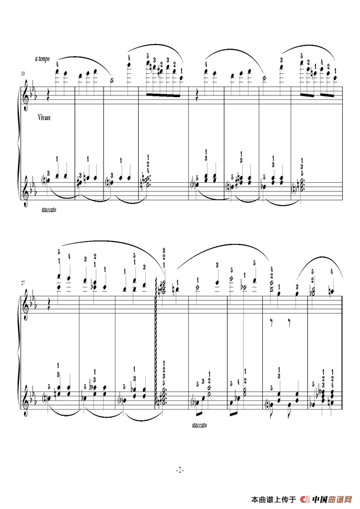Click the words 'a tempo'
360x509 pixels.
42,59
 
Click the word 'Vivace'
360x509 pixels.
44,118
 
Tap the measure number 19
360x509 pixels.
23,74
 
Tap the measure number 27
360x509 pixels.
23,283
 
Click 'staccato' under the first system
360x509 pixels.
49,210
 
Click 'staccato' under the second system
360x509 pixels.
199,425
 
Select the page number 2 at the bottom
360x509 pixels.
180,470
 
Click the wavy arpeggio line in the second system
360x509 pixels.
157,342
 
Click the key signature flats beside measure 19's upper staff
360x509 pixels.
34,94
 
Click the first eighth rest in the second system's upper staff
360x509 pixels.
272,322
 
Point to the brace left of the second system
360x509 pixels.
17,354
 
